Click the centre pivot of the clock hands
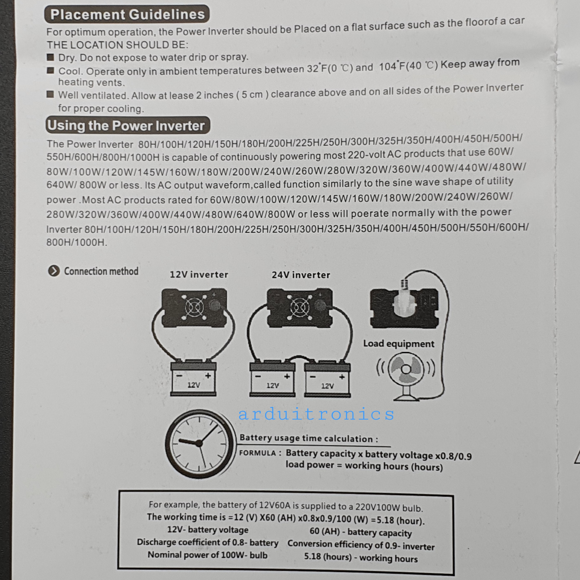coord(199,443)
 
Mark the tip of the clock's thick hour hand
coord(179,440)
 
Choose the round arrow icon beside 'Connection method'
coord(54,271)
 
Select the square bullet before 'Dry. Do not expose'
coord(50,57)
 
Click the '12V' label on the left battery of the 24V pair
coord(273,385)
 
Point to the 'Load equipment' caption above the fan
coord(399,343)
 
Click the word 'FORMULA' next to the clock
coord(257,453)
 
